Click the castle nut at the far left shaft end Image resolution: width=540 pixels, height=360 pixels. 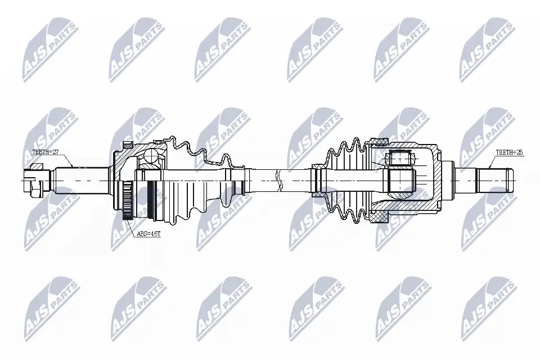[34, 180]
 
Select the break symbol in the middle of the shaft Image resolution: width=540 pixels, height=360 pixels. [276, 180]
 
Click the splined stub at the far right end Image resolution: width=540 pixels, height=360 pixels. [495, 180]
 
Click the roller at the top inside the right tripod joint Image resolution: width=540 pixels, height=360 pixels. [400, 157]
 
